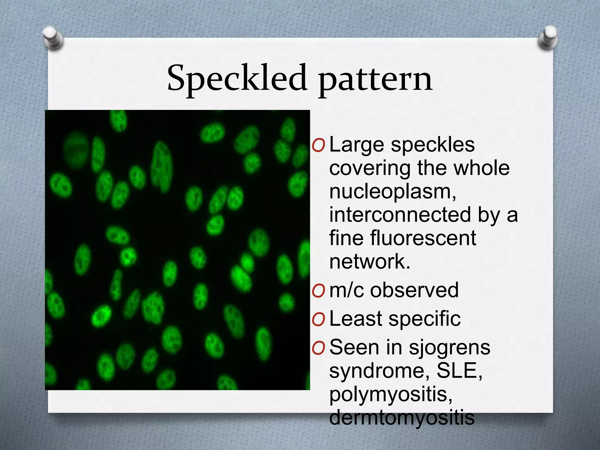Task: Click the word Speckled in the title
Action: pos(237,78)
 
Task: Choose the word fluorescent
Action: pos(423,238)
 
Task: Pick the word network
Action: pos(370,261)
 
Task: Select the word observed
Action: pos(414,290)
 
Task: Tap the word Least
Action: pos(355,319)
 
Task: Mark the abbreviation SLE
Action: pos(459,371)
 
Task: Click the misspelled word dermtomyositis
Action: pos(402,417)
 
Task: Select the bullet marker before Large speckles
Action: pos(318,146)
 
